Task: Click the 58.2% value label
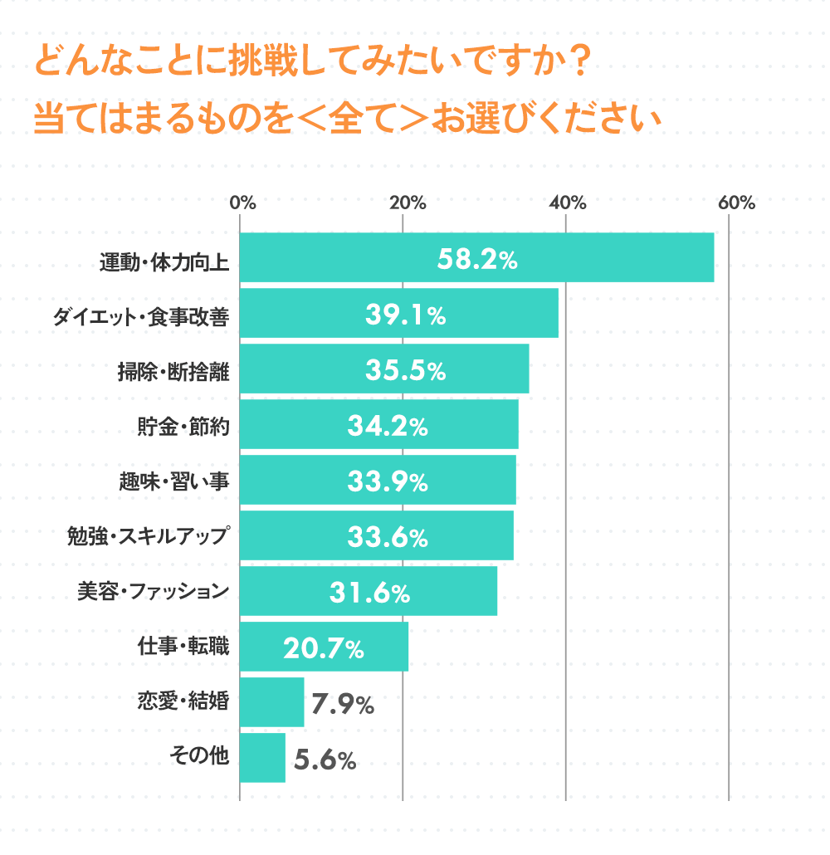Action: point(477,259)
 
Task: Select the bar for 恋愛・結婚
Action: point(271,702)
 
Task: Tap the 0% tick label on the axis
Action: point(242,203)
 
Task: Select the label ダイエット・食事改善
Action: point(139,317)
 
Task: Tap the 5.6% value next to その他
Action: point(325,759)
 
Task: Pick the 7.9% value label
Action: point(343,705)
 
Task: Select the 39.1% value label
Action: point(406,315)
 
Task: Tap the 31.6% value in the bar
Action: point(369,593)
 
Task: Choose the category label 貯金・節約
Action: point(182,427)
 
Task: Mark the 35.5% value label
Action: point(406,371)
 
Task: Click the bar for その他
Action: point(262,758)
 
